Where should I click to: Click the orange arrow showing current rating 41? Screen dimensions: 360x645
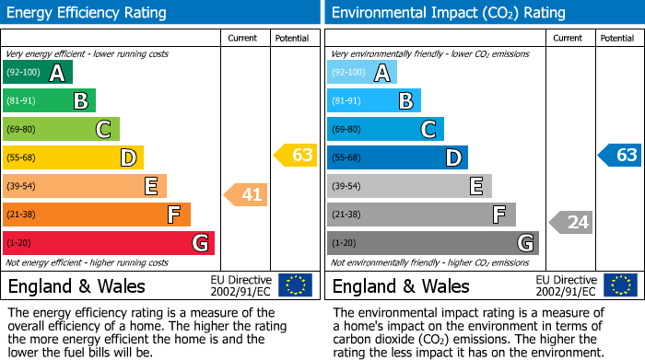click(246, 194)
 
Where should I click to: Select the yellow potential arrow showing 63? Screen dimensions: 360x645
click(295, 155)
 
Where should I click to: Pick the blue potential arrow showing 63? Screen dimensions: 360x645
click(620, 155)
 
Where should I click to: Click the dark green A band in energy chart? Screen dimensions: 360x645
click(38, 72)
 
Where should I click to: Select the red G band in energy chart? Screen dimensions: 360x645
click(109, 243)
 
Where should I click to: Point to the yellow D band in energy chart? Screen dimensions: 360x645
click(73, 157)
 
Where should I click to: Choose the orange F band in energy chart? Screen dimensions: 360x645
click(97, 215)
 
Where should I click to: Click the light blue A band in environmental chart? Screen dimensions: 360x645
click(362, 72)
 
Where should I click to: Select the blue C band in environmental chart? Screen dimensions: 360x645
click(385, 129)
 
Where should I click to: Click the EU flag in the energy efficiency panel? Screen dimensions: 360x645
click(295, 285)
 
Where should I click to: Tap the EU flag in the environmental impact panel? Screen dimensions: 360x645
click(620, 285)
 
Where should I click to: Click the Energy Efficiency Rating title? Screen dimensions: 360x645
click(88, 13)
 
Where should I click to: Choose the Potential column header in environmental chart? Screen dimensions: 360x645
click(617, 38)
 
